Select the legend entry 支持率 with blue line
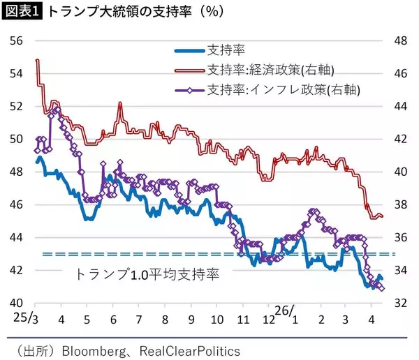coord(225,50)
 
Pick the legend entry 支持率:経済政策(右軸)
coord(269,70)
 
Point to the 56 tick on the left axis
coord(15,41)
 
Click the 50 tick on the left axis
coord(15,139)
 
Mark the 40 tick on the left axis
coord(15,303)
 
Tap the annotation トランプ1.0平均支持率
coord(147,274)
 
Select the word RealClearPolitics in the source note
coord(189,350)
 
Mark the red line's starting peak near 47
coord(36,60)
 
